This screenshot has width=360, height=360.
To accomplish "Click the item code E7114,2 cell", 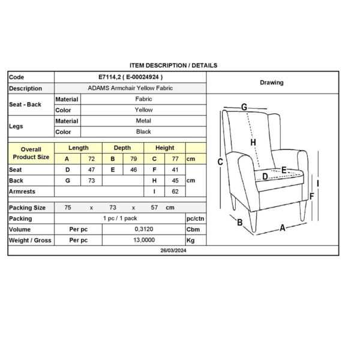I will tap(130, 77).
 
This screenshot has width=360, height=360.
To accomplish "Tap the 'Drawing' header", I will tap(272, 83).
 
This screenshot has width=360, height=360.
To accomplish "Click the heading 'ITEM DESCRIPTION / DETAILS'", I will tap(173, 65).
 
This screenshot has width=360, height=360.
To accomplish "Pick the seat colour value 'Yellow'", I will tap(144, 110).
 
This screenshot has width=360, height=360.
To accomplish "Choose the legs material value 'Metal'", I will tap(144, 121).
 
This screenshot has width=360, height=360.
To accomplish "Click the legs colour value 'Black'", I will tap(144, 131).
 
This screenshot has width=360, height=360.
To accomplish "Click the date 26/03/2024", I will tap(173, 250).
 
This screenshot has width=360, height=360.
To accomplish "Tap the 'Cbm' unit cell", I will tap(192, 229).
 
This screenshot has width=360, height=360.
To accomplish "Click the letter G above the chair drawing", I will tap(244, 107).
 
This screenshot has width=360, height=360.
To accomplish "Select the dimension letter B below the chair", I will tap(239, 223).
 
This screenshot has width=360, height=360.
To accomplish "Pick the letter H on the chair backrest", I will tap(254, 142).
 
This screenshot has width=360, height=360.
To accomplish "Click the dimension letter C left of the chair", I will tap(221, 161).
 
